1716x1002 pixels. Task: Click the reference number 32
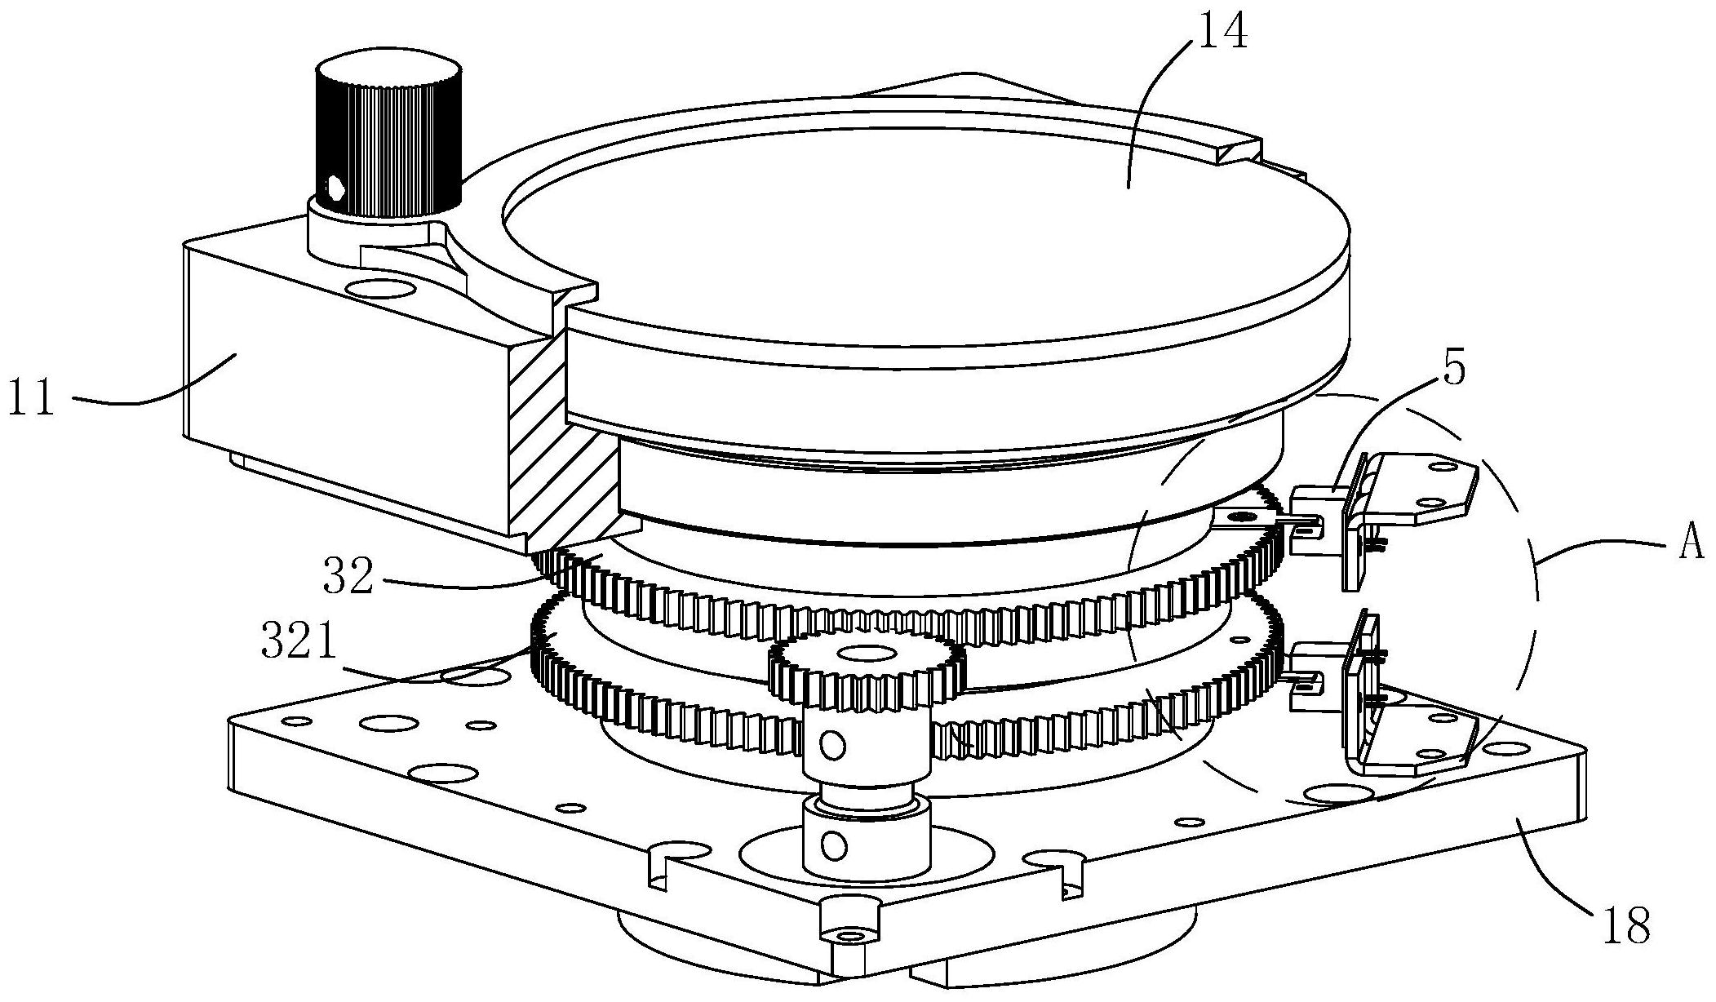(348, 577)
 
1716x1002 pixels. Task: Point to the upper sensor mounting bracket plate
(1420, 490)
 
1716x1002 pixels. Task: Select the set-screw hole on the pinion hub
(832, 743)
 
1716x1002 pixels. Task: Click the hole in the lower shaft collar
(833, 845)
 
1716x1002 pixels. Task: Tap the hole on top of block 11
(379, 288)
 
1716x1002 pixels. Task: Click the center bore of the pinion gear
(865, 653)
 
